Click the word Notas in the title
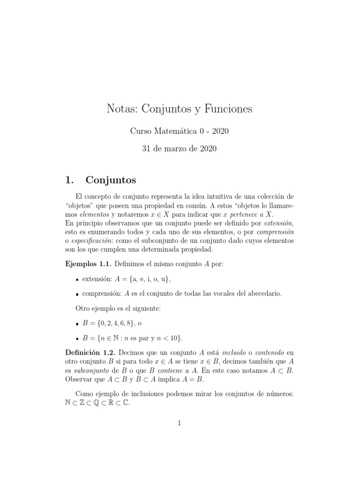point(122,109)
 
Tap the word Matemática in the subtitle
point(176,132)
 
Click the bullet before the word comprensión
point(77,294)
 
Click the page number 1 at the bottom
point(180,423)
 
